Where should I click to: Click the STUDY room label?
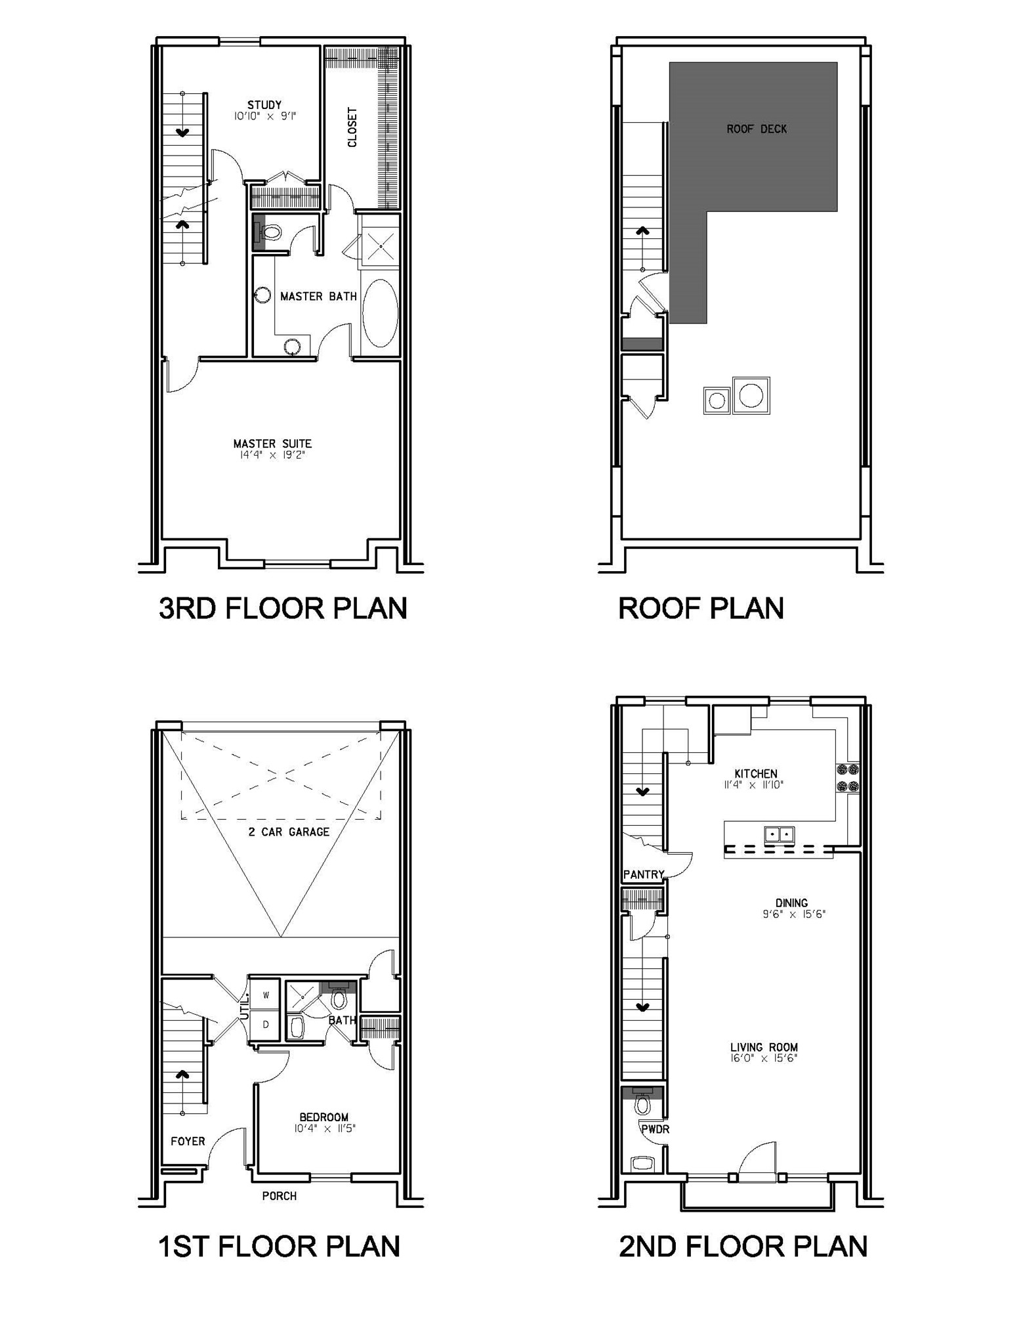(264, 105)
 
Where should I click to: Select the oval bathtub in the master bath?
(380, 313)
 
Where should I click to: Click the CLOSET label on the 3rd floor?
(352, 127)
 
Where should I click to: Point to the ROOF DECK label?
(756, 129)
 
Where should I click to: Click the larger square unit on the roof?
(751, 396)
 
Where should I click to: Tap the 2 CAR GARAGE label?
(289, 832)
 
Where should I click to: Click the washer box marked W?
(266, 995)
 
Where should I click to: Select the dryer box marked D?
(266, 1025)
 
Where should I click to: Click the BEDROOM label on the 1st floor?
(324, 1117)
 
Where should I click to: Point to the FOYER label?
(188, 1141)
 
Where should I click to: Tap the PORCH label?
(279, 1195)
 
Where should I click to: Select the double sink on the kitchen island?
(779, 834)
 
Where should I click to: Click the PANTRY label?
(643, 874)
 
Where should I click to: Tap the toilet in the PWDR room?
(642, 1105)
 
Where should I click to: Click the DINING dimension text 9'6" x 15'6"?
(793, 914)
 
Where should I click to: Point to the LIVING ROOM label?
(764, 1047)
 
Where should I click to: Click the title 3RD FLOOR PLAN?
(283, 608)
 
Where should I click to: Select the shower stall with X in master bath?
(380, 246)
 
